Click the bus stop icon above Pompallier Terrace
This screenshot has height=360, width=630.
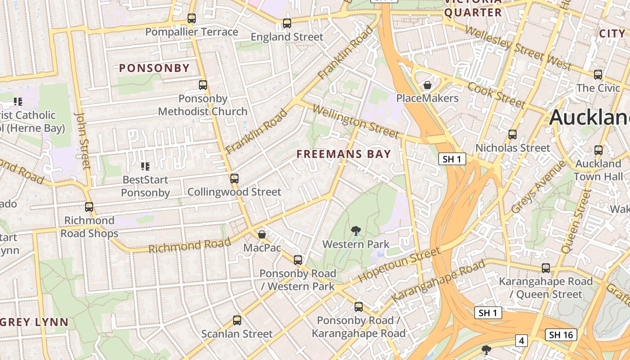(192, 18)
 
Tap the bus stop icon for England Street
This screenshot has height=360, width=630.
(287, 23)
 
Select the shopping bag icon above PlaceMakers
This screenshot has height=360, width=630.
(427, 85)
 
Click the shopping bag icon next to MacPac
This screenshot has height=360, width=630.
(262, 234)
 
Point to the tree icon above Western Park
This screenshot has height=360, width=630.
(356, 231)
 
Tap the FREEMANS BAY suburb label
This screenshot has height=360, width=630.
(344, 154)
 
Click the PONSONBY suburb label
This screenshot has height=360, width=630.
(154, 68)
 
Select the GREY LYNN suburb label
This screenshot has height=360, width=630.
(34, 322)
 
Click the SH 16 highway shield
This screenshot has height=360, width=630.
(561, 335)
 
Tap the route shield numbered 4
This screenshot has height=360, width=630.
(521, 341)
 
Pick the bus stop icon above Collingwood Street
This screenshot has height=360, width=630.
(234, 179)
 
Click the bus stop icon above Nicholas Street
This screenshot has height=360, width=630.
(512, 135)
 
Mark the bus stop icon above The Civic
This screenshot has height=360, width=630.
(598, 75)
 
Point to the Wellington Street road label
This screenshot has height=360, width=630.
(355, 121)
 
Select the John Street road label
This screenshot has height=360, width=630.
(83, 141)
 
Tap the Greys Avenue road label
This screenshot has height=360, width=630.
(539, 187)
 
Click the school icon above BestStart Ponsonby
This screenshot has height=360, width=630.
(145, 166)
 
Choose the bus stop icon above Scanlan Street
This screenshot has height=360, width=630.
(237, 320)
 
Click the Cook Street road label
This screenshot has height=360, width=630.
(496, 95)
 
